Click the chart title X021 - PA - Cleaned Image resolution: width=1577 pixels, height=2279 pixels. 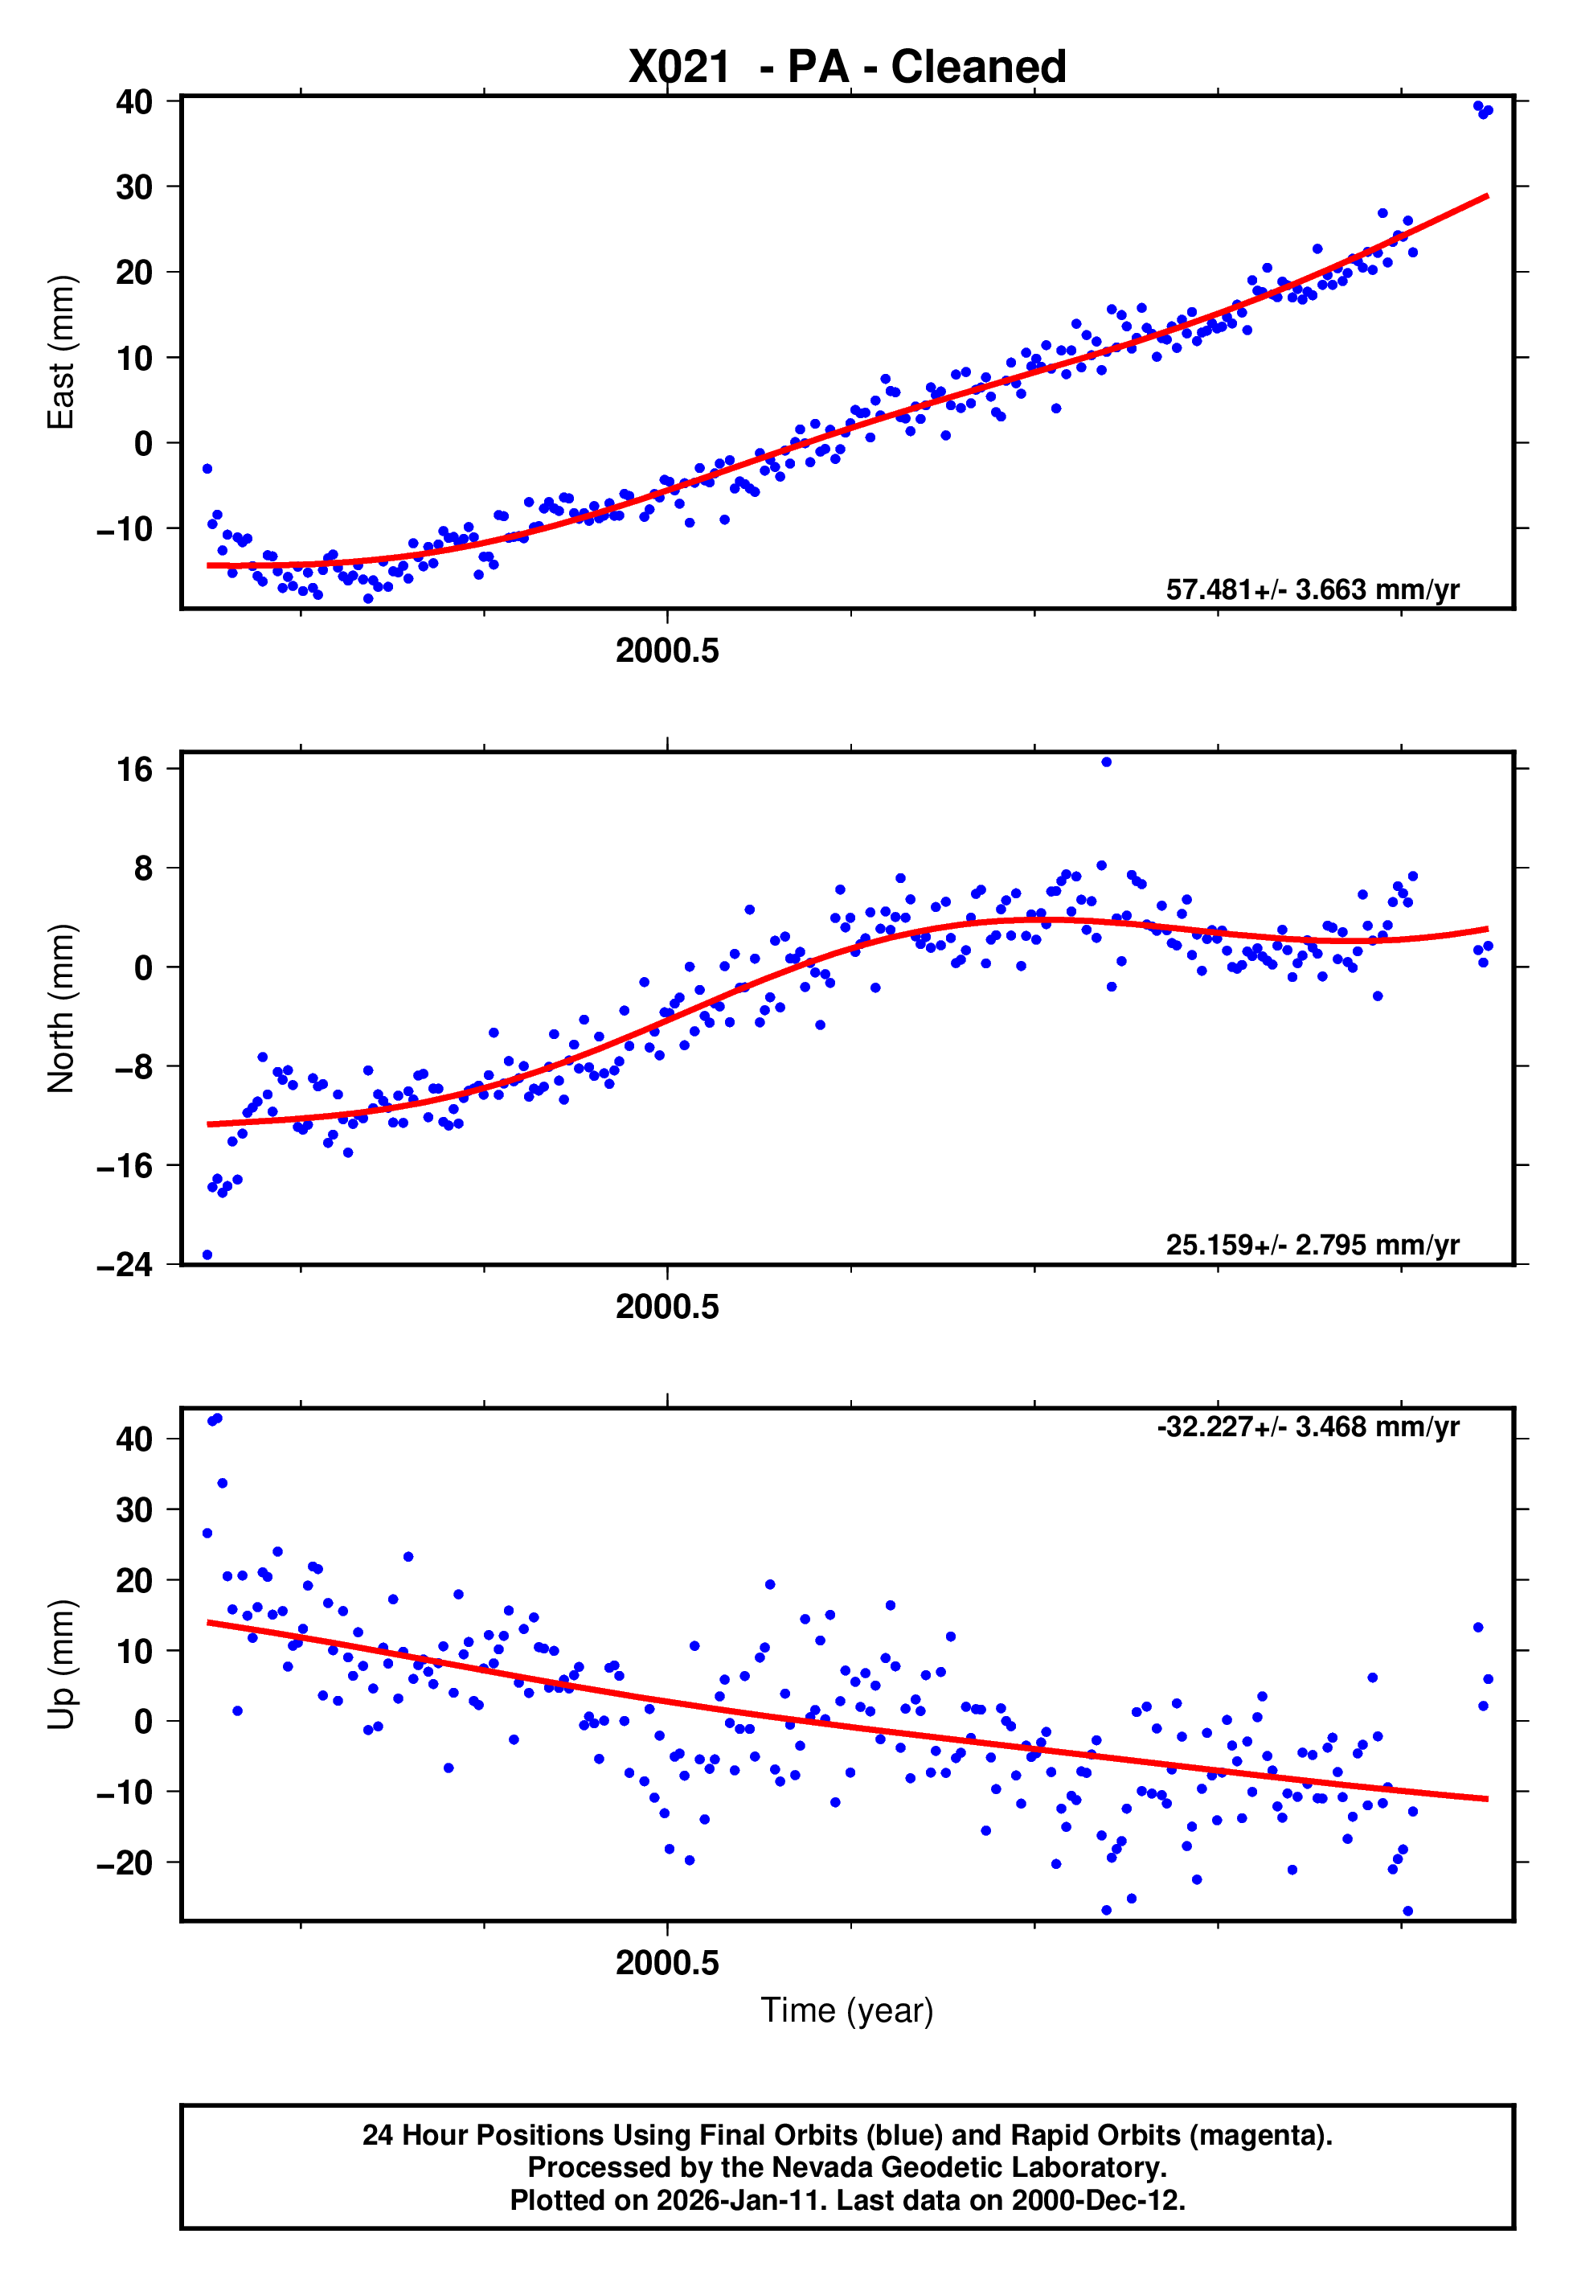(x=847, y=68)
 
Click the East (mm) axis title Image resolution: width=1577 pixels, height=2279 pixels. (x=61, y=352)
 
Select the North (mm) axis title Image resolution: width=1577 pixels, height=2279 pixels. (x=61, y=1008)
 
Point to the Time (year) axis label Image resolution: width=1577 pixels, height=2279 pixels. (x=847, y=2010)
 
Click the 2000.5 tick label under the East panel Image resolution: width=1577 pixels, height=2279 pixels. (x=667, y=651)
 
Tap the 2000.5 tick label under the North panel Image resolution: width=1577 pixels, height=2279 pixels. (x=667, y=1308)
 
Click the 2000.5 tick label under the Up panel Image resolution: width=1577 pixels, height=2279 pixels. (x=667, y=1963)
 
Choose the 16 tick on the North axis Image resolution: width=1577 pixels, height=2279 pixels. (x=135, y=769)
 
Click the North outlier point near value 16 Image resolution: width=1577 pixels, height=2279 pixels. (x=1107, y=762)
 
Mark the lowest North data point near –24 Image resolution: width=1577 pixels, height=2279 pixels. (x=207, y=1255)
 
